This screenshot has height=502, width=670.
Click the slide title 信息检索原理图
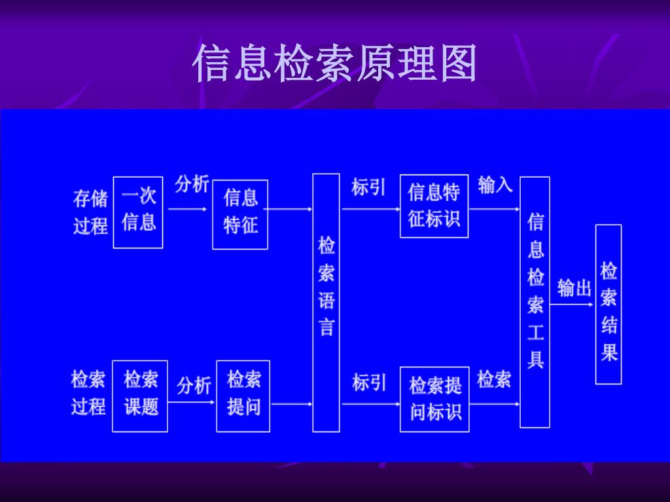(334, 64)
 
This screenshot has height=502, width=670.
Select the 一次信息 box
(138, 212)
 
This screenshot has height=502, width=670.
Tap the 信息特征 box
(240, 214)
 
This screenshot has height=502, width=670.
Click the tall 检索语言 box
(326, 302)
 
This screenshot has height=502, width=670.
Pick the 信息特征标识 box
(434, 206)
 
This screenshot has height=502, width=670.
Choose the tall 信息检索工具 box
(535, 301)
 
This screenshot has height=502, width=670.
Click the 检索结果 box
(608, 304)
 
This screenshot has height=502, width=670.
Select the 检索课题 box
(140, 395)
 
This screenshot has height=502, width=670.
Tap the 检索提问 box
(243, 395)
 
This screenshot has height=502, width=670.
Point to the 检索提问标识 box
(434, 399)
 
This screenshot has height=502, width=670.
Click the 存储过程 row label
(90, 212)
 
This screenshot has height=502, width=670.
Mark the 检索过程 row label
(88, 393)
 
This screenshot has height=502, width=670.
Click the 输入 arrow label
(495, 185)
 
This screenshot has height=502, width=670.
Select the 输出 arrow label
(574, 288)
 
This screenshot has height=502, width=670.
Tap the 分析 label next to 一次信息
(191, 184)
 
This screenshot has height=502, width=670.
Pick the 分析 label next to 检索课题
(194, 386)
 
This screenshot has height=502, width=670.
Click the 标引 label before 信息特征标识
(368, 187)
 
